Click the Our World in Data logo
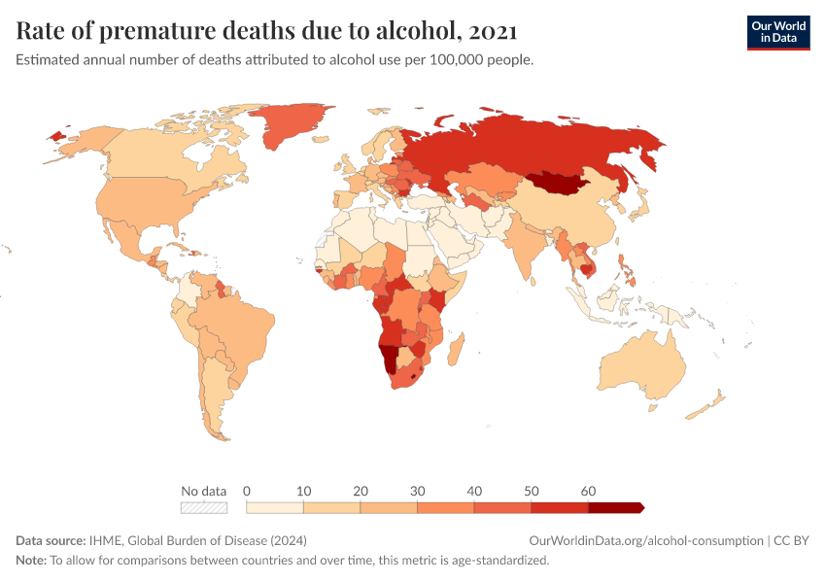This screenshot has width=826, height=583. point(777,31)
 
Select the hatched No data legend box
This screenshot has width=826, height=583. point(204,507)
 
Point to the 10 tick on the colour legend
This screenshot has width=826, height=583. point(303,491)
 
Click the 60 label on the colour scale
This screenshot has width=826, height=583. point(588,491)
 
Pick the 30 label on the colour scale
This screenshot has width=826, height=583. point(417,491)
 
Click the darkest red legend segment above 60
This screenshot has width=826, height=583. point(614,507)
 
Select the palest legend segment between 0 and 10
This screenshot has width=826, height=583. point(275,507)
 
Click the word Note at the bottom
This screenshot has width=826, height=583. point(31,561)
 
